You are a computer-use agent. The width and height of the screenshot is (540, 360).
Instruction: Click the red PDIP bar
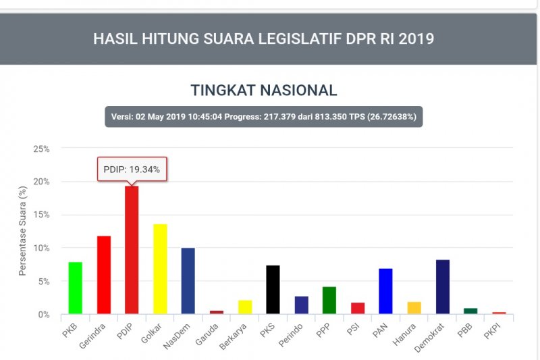pos(132,250)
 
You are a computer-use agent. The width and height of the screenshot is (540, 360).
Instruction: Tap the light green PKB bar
pos(75,288)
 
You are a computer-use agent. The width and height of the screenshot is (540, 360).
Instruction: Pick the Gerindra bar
pos(103,275)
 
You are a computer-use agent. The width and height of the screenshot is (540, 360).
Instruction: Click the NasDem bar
pos(188,281)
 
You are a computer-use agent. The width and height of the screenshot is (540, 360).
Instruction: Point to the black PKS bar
pos(273,290)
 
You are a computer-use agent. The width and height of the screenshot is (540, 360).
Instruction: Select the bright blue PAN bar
pos(385,291)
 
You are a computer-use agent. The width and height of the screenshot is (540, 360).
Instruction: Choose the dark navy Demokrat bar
pos(442,287)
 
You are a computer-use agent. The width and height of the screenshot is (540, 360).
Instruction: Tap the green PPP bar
pos(329,301)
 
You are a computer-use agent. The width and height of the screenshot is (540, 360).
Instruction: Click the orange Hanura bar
pos(414,308)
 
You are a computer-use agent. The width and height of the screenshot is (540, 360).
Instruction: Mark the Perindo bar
pos(301,305)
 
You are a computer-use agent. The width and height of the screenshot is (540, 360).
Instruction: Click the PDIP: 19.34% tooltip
pos(132,170)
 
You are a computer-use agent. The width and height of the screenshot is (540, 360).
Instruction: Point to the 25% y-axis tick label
pos(41,149)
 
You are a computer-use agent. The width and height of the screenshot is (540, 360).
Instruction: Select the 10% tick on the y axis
pos(41,249)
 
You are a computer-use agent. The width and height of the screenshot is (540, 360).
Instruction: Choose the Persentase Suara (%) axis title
pos(22,232)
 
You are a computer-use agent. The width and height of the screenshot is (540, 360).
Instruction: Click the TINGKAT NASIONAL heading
pos(264,91)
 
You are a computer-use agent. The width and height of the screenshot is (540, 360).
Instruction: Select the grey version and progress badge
pos(264,117)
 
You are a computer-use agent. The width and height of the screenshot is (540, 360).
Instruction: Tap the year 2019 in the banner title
pos(416,38)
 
